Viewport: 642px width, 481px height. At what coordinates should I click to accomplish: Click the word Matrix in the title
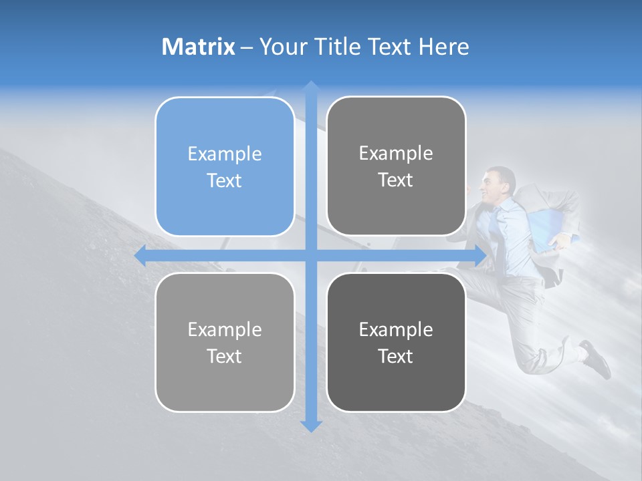click(198, 47)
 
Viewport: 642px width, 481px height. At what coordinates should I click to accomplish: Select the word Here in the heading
click(443, 47)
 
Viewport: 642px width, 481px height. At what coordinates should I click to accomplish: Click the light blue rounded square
click(225, 166)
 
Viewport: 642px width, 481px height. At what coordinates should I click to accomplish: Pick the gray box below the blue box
click(225, 342)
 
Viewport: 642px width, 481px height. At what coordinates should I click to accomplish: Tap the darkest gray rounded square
click(396, 342)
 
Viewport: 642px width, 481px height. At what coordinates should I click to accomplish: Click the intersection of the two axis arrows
click(310, 256)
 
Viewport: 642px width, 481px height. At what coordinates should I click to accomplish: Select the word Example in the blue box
click(225, 154)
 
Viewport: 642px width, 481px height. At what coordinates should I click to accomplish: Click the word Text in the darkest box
click(396, 356)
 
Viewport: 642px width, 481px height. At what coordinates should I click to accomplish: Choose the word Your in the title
click(280, 47)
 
